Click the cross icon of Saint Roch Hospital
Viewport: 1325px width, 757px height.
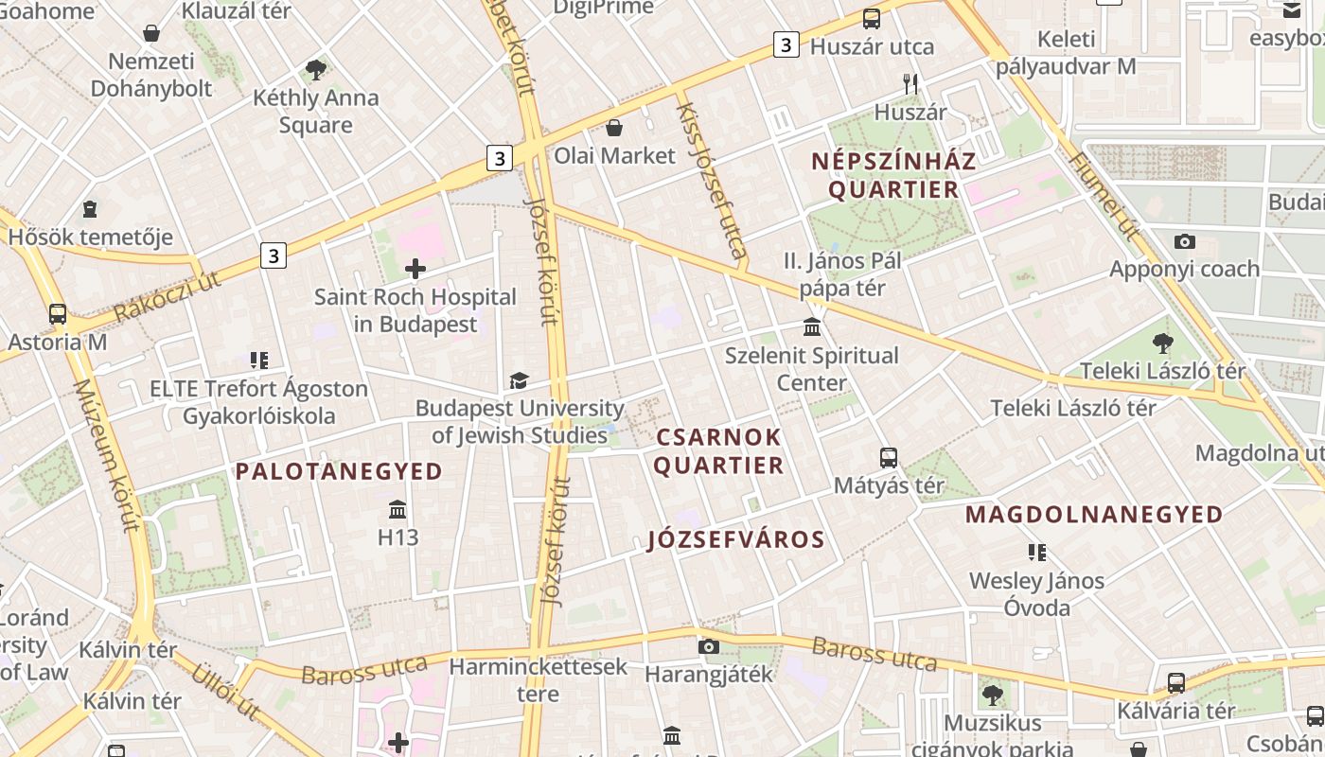(x=415, y=269)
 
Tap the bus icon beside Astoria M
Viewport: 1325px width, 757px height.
(x=58, y=313)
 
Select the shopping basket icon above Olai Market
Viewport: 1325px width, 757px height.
(x=614, y=127)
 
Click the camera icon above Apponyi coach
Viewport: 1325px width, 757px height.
(x=1184, y=241)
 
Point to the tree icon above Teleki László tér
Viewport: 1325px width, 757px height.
(x=1162, y=343)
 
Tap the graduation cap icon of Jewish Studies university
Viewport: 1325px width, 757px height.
(x=519, y=380)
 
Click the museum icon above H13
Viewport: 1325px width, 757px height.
(x=397, y=510)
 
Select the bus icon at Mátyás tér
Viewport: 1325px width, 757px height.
(x=888, y=458)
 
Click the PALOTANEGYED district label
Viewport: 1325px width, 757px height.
(x=339, y=471)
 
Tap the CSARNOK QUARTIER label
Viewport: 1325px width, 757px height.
(x=719, y=451)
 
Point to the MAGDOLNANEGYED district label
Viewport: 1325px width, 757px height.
(x=1094, y=515)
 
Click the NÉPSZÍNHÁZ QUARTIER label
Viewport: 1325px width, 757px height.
(x=893, y=175)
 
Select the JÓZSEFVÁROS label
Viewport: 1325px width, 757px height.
(x=736, y=540)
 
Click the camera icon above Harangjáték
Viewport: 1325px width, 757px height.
(x=708, y=647)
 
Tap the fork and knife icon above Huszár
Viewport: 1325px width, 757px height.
(x=910, y=83)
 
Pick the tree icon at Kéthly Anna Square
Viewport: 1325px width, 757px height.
(x=316, y=69)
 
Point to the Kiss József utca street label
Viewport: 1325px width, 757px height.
(x=711, y=180)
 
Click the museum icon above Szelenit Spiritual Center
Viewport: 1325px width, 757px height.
(x=812, y=327)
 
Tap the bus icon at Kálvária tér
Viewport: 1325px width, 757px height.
(x=1175, y=682)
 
